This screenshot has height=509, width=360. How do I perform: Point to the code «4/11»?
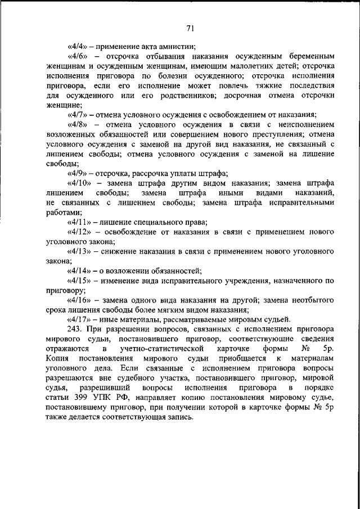(78, 223)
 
